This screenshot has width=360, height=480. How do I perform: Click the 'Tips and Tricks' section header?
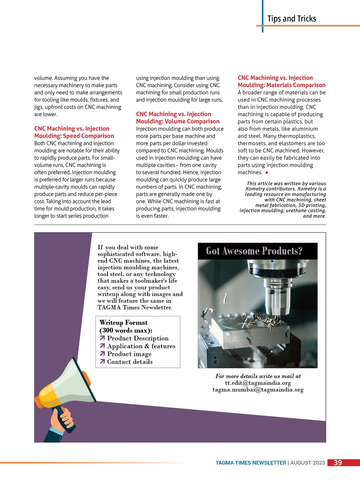click(x=291, y=19)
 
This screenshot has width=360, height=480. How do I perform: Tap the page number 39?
click(x=338, y=463)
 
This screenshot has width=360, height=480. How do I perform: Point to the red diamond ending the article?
click(x=267, y=173)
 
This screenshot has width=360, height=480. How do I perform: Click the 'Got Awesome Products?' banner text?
click(x=254, y=251)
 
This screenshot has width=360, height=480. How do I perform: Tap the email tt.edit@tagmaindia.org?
click(x=258, y=383)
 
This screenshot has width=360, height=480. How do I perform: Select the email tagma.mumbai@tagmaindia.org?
click(x=258, y=390)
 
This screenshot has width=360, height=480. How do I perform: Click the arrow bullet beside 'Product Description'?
click(x=102, y=338)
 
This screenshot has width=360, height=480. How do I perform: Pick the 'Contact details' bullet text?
click(x=130, y=362)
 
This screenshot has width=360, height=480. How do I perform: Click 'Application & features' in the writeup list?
click(x=141, y=346)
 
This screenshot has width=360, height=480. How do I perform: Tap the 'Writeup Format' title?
click(x=123, y=323)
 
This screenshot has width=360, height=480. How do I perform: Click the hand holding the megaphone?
click(x=63, y=418)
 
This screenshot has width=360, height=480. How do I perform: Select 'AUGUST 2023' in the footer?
click(x=307, y=463)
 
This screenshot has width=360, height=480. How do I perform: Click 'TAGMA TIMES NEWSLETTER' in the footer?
click(x=251, y=463)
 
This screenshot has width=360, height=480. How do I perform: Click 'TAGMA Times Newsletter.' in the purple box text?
click(x=135, y=308)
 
